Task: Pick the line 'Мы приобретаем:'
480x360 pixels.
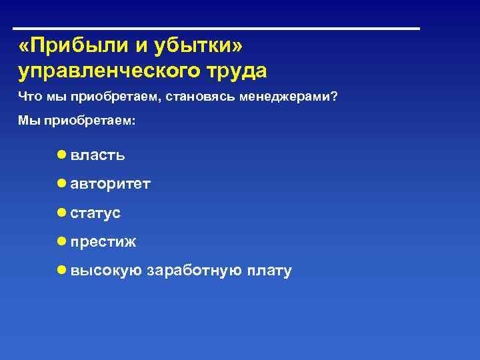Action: [76, 121]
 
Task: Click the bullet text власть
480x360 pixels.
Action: [97, 155]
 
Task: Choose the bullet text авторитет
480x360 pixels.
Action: [110, 184]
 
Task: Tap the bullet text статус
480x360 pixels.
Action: [95, 213]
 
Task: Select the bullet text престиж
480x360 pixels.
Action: [103, 242]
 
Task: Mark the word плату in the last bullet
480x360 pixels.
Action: [269, 271]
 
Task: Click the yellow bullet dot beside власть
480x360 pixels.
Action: [61, 155]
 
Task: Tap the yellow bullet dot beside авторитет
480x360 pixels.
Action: [61, 183]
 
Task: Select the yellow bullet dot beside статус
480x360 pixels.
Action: [61, 213]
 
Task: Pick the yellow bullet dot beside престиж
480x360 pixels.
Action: [61, 241]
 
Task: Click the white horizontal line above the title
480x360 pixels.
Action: [217, 29]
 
